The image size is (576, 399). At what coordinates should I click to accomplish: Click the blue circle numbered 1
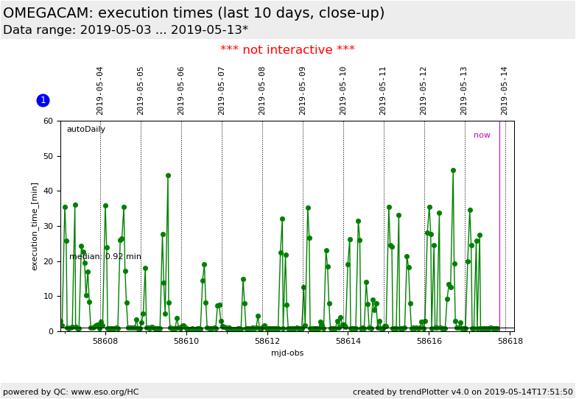point(43,100)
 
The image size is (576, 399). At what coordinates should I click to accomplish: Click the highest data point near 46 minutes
point(453,170)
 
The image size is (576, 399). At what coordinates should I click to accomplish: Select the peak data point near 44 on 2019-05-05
point(168,175)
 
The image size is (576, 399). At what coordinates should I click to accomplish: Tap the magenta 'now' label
point(482,135)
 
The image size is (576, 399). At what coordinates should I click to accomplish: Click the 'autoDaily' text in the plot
point(86,130)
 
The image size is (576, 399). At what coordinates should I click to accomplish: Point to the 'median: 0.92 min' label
point(105,257)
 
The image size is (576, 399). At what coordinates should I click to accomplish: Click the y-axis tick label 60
point(48,121)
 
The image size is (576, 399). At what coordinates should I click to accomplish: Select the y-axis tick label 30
point(48,226)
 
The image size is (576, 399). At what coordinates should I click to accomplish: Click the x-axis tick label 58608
point(105,341)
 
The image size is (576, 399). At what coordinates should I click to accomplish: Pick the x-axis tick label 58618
point(510,341)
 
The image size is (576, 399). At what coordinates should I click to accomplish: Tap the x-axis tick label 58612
point(267,341)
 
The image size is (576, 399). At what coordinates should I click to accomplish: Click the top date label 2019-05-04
point(100,91)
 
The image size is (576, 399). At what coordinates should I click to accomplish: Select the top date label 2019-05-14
point(505,91)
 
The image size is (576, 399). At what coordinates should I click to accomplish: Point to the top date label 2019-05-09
point(303,91)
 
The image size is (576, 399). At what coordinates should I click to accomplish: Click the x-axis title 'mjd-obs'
point(287,353)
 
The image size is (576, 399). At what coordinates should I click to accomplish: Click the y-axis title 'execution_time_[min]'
point(35,226)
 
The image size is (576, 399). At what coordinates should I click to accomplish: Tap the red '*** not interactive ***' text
point(287,50)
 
